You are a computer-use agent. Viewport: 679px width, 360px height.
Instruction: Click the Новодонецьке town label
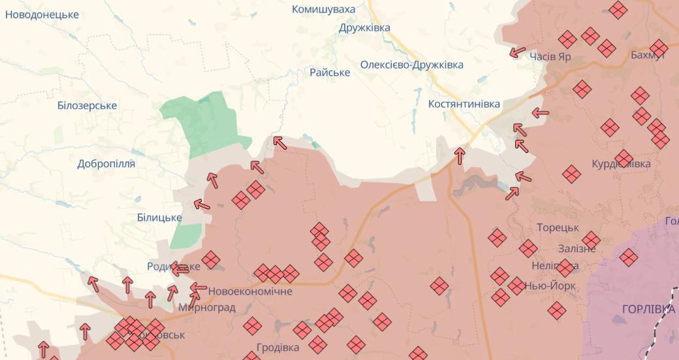(42, 14)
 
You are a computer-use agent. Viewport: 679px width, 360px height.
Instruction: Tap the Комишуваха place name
(324, 9)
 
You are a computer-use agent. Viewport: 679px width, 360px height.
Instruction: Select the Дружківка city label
(364, 27)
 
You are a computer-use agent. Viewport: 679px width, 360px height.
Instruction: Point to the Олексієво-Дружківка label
(412, 65)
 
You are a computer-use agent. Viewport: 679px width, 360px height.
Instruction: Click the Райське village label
(330, 72)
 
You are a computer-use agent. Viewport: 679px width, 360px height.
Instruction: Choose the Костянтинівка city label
(464, 104)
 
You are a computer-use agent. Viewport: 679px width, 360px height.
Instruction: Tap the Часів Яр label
(550, 56)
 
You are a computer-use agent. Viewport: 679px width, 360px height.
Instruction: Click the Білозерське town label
(87, 105)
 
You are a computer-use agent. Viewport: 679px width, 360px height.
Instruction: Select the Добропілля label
(106, 163)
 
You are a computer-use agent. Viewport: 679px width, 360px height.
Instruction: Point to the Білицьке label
(159, 217)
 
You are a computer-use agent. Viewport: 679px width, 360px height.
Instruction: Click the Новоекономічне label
(250, 291)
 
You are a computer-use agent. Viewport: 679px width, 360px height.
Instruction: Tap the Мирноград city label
(206, 307)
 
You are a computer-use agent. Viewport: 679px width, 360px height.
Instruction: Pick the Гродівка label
(277, 347)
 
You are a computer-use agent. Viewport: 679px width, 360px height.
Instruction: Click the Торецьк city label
(558, 227)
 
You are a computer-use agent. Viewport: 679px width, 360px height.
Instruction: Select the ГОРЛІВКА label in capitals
(648, 309)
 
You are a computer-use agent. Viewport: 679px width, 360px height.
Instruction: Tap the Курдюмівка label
(621, 163)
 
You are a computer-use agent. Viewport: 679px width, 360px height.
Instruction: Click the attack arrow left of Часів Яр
(518, 52)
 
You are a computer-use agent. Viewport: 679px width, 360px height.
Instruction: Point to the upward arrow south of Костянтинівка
(460, 155)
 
